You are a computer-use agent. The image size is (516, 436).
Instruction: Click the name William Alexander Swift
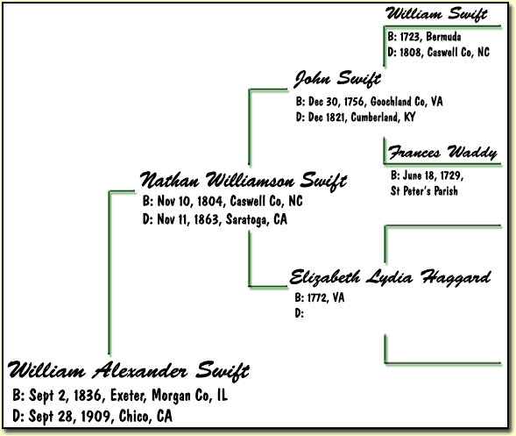129,371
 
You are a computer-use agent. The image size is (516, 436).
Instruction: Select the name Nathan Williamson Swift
244,180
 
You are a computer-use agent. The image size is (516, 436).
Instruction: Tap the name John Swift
337,79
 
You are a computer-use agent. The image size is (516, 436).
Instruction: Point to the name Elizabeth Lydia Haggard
391,277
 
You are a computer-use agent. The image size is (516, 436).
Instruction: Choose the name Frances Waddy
442,153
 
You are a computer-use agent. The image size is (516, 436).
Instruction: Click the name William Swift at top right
436,14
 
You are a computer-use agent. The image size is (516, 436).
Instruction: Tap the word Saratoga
248,219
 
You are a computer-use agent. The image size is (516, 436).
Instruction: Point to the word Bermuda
443,37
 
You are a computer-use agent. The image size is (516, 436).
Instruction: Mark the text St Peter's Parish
424,191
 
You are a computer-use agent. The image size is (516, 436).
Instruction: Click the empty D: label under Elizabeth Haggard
299,313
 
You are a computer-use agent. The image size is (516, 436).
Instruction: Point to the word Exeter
127,396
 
